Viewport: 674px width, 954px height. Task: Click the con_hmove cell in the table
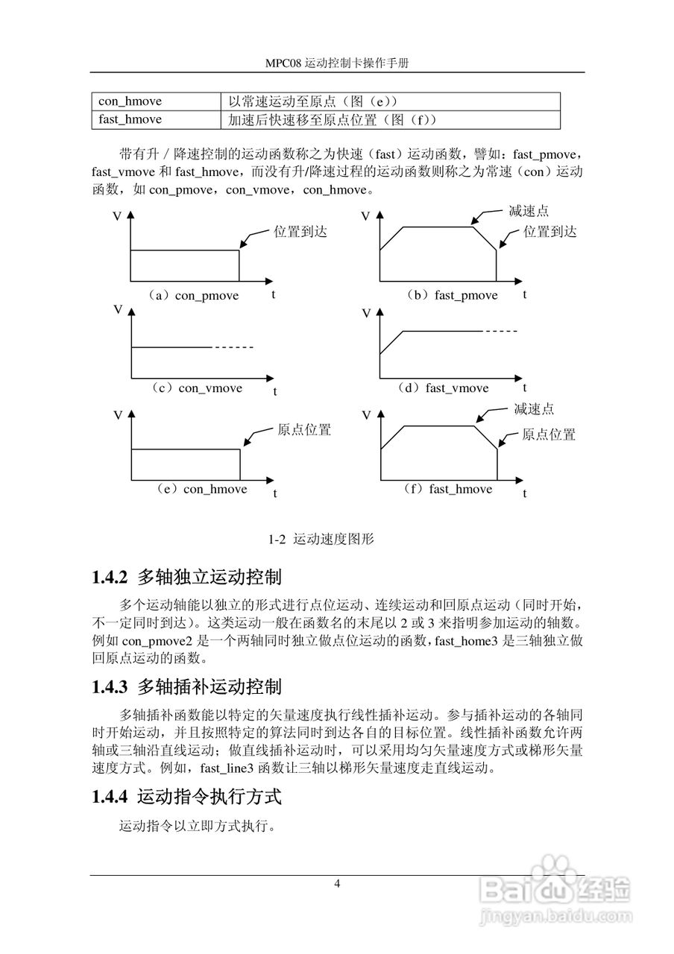[x=130, y=101]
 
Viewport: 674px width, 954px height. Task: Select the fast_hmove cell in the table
[x=130, y=119]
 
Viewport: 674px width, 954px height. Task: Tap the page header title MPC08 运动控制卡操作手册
[x=337, y=64]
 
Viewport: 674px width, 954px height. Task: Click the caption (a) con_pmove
[x=193, y=296]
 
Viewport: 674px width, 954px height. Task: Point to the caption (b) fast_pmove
[x=452, y=296]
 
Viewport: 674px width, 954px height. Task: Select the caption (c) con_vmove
[x=196, y=388]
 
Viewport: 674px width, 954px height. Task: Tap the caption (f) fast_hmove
[x=447, y=490]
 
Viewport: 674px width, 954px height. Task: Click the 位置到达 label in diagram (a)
[x=300, y=232]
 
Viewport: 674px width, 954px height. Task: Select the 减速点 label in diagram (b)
[x=529, y=212]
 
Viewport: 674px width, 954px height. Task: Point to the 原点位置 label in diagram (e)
[x=304, y=431]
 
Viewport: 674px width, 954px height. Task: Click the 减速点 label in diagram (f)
[x=534, y=410]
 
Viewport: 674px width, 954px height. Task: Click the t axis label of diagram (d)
[x=525, y=388]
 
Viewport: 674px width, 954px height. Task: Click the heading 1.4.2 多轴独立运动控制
[x=186, y=578]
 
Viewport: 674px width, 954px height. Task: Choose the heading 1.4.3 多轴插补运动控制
[x=186, y=686]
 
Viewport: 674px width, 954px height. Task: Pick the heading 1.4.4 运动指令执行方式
[x=186, y=797]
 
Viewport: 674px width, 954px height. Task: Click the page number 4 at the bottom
[x=337, y=884]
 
